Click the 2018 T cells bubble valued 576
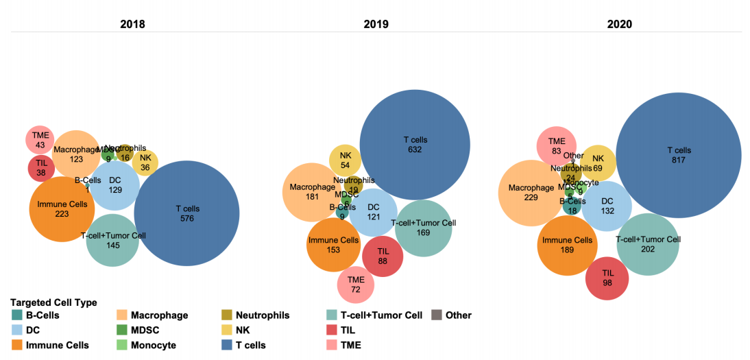point(186,213)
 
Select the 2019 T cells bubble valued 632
point(415,145)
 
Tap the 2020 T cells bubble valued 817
point(679,155)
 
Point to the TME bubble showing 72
point(356,285)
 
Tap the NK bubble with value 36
point(145,163)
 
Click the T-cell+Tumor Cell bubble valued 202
point(648,244)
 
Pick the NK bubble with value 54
point(346,160)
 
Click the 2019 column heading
point(376,24)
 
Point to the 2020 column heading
point(619,24)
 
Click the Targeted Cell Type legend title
point(53,302)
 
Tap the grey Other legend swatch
point(436,315)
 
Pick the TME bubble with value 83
point(556,146)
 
